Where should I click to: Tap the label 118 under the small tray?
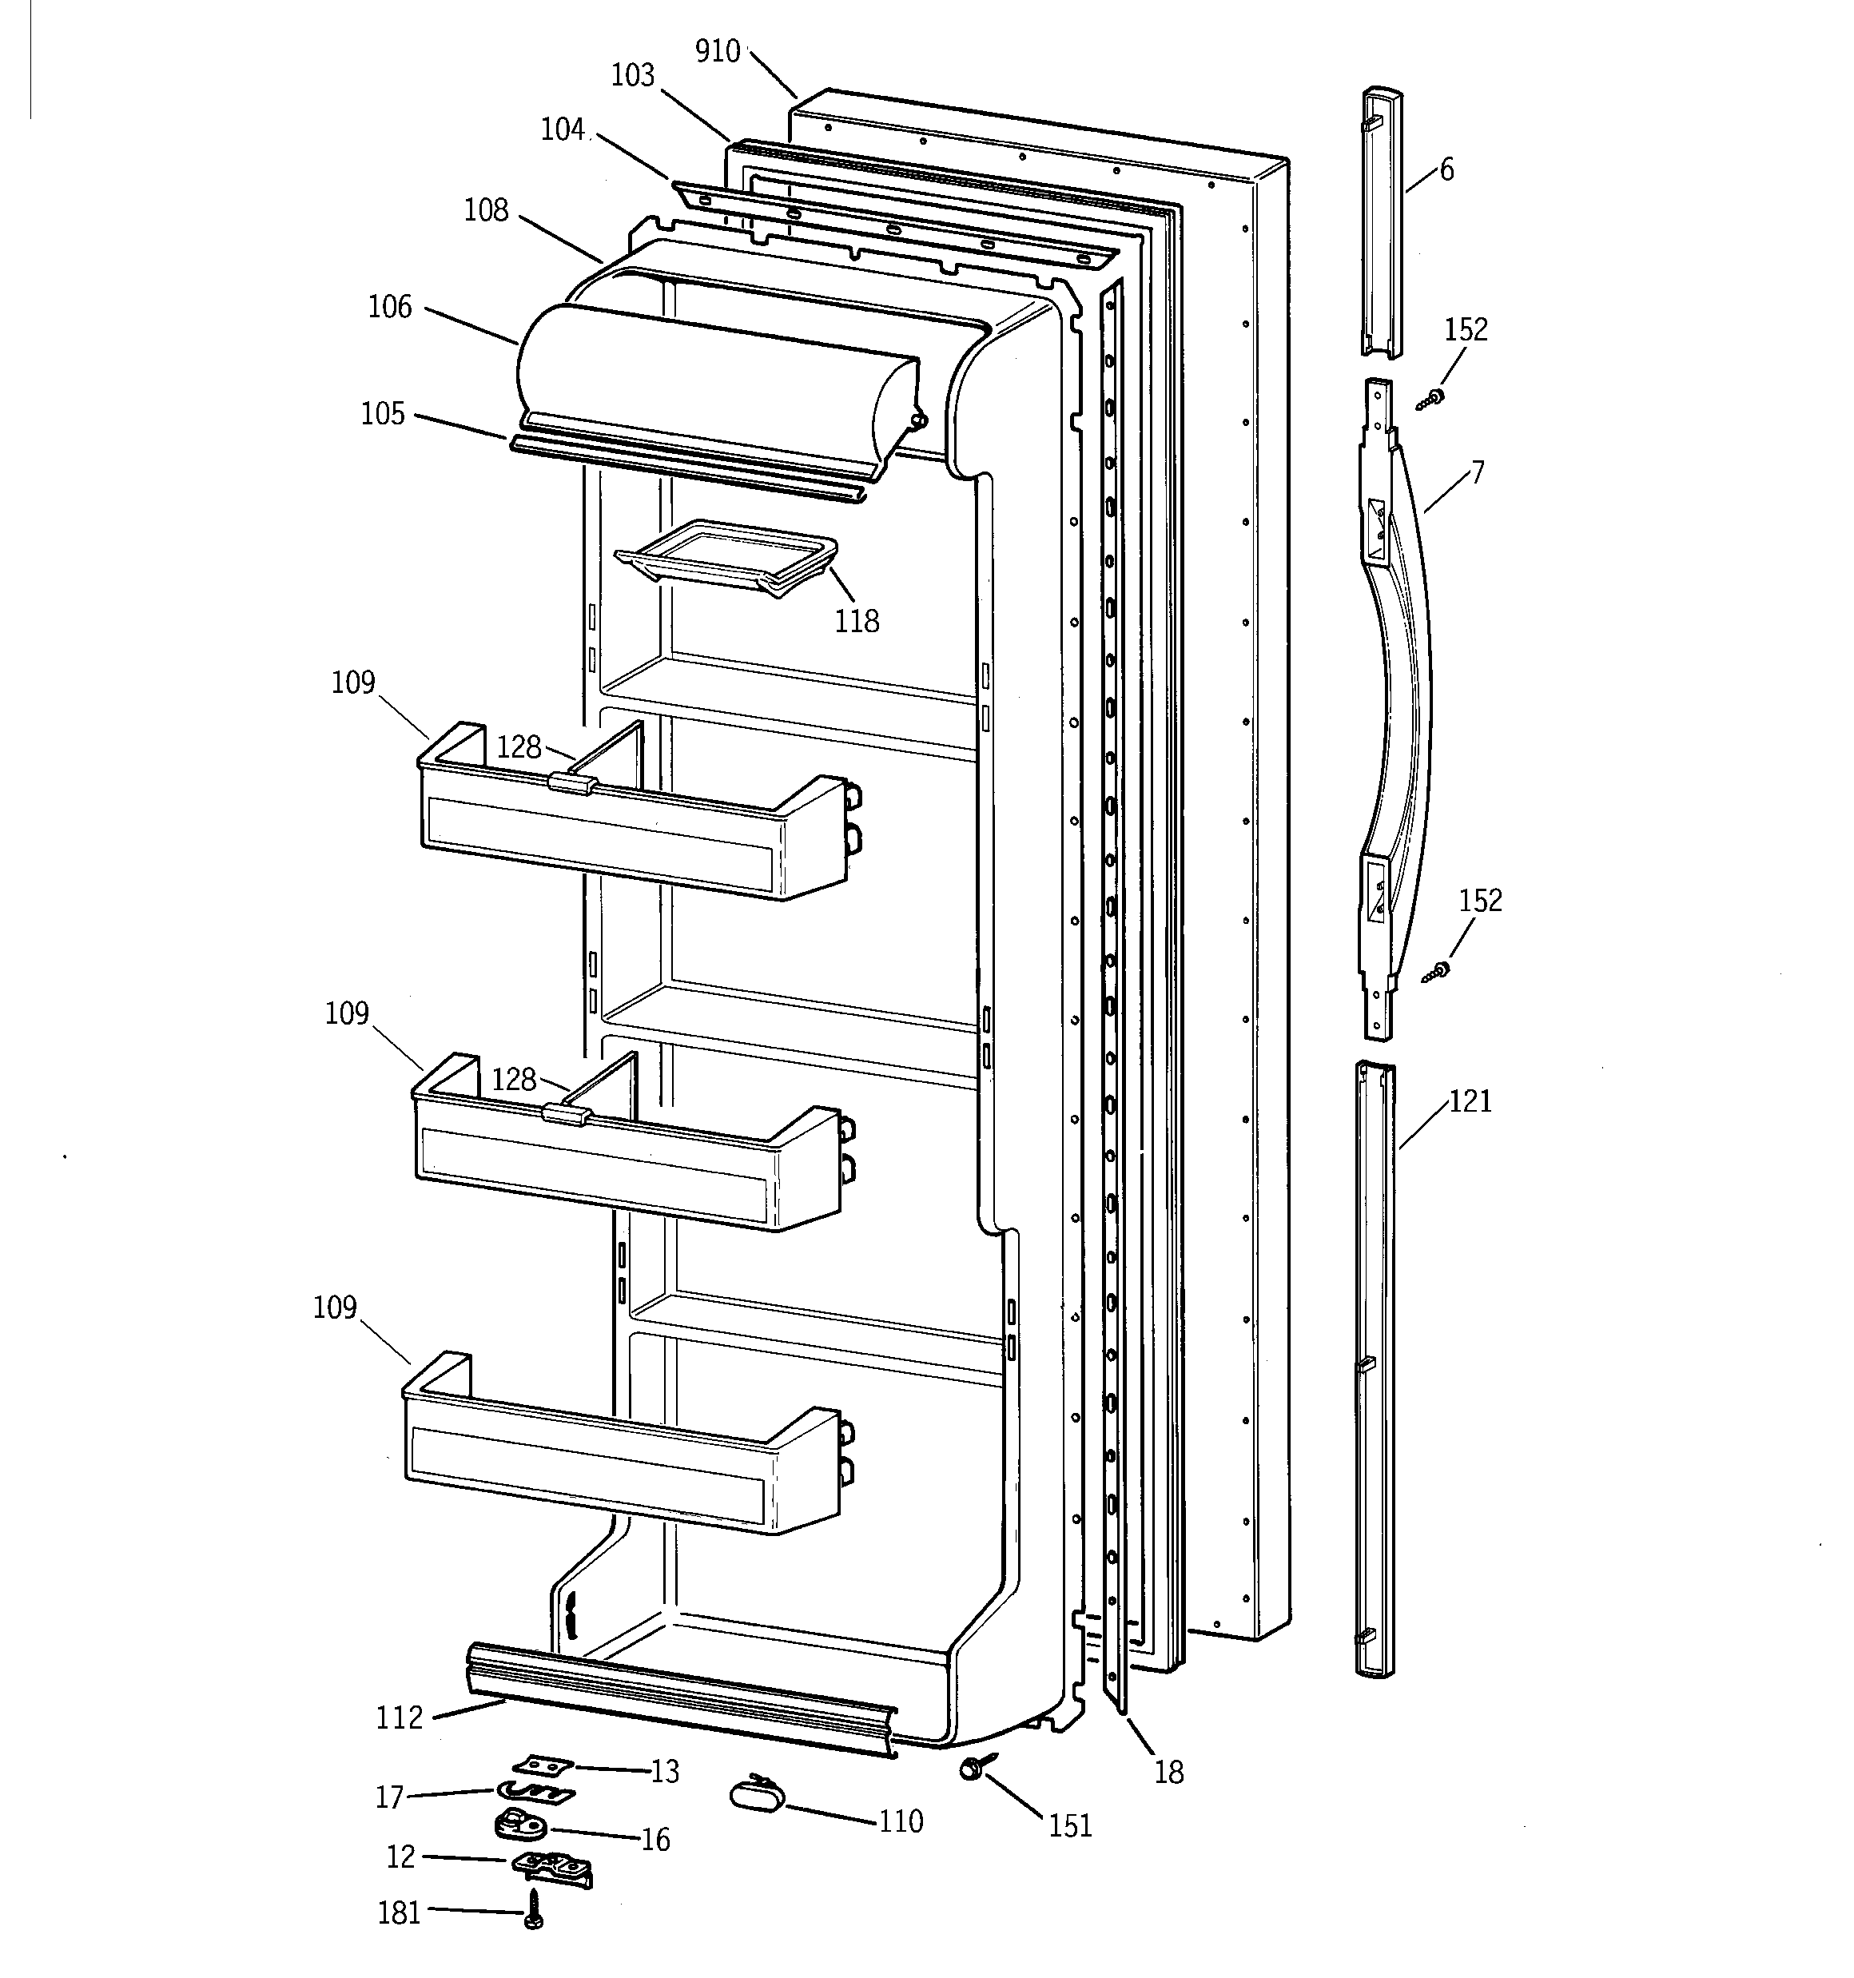click(856, 622)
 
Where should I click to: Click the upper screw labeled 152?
click(1433, 398)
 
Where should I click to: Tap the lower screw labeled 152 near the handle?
click(1436, 970)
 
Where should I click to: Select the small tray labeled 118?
click(726, 557)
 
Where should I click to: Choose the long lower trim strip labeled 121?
click(1375, 1373)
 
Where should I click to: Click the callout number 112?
click(399, 1718)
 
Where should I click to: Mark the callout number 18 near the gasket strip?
click(1168, 1772)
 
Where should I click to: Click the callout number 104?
click(563, 129)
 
